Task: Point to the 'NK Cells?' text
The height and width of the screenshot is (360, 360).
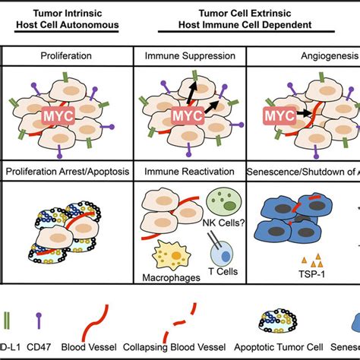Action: pos(203,229)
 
